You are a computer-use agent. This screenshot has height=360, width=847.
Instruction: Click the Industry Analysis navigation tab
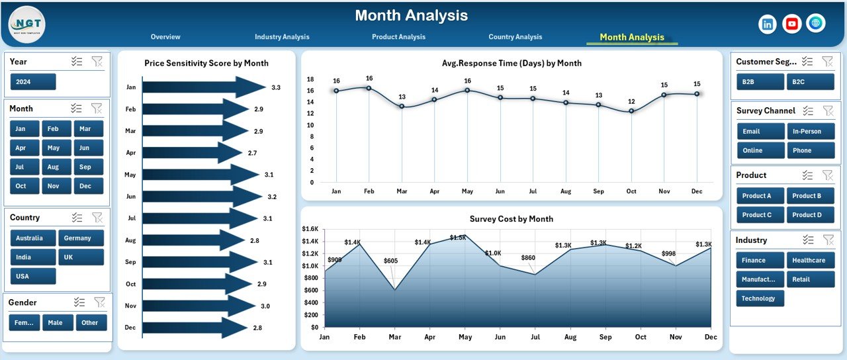coord(282,37)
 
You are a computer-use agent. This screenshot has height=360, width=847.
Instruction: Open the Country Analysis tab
coord(515,37)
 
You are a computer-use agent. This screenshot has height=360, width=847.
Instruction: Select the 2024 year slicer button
coord(33,82)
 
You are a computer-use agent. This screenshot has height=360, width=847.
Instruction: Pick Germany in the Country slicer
coord(81,238)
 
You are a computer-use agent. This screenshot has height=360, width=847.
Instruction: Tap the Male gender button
coord(58,323)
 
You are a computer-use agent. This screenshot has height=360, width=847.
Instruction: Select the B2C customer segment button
coord(803,81)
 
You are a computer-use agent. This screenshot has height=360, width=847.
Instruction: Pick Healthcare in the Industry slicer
coord(808,260)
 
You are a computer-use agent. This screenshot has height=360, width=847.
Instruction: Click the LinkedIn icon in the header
coord(768,24)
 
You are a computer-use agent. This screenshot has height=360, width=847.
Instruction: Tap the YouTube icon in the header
coord(791,24)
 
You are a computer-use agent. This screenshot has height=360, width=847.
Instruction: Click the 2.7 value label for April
coord(252,153)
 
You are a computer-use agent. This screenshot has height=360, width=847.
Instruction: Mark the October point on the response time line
coord(631,111)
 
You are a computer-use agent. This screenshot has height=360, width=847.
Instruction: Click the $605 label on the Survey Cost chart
coord(390,261)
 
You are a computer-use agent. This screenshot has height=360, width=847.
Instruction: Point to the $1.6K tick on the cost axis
coord(310,229)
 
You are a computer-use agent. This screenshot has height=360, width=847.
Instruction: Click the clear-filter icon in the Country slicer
coord(97,218)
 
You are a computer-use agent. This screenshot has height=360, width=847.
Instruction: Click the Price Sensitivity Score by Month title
coord(206,64)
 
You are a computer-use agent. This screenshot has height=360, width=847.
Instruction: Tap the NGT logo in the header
coord(27,24)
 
